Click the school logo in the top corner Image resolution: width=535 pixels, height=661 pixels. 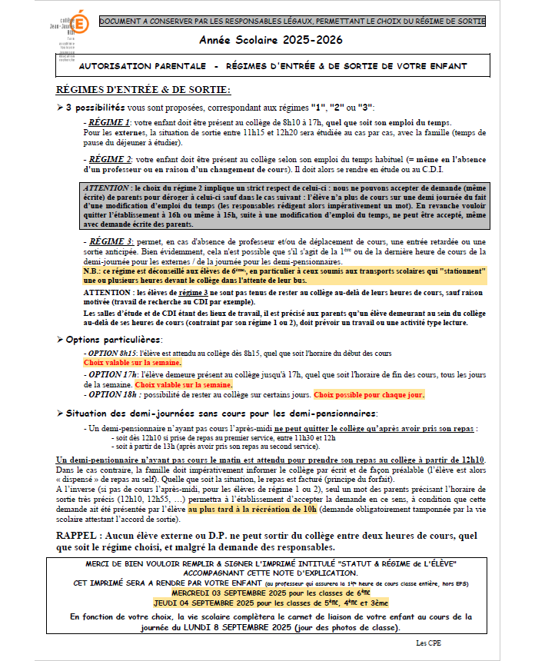(x=75, y=32)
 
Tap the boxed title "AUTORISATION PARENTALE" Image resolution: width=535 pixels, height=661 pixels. (x=144, y=67)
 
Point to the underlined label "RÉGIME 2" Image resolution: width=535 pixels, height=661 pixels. (x=108, y=158)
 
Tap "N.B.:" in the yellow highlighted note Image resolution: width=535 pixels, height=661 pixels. (x=94, y=271)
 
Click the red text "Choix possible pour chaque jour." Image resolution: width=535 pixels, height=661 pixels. (x=369, y=394)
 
